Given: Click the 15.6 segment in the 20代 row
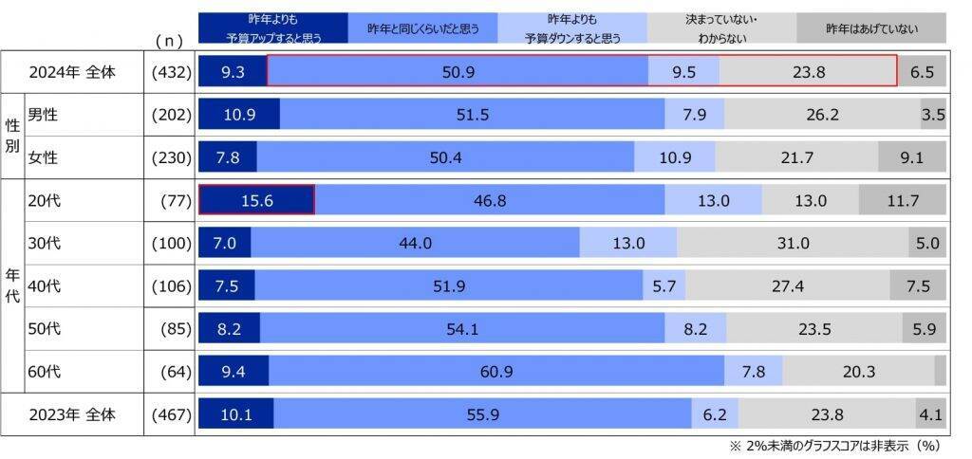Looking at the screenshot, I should coord(256,200).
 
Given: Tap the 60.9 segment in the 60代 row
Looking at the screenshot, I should coord(496,371).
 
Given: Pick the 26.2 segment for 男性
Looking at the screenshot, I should coord(822,114).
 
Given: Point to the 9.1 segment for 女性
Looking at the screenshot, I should coord(911,156).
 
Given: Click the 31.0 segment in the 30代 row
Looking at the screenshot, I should coord(793,243).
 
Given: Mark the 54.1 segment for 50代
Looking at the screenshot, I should coord(462,328).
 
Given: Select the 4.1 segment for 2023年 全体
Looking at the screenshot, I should coord(930,413).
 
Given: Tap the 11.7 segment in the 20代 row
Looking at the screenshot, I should coord(903,200).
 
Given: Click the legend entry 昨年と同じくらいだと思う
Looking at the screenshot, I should coord(423,28).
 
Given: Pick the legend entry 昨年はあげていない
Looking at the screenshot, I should coord(871,28).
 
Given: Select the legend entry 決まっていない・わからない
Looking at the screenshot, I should coord(721,28).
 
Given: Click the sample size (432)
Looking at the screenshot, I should coord(173,71).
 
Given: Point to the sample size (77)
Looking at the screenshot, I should coord(178,200).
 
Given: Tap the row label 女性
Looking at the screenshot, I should coord(45,156).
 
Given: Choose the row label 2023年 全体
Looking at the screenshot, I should coord(72,413).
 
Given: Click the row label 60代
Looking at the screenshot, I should coord(45,371).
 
